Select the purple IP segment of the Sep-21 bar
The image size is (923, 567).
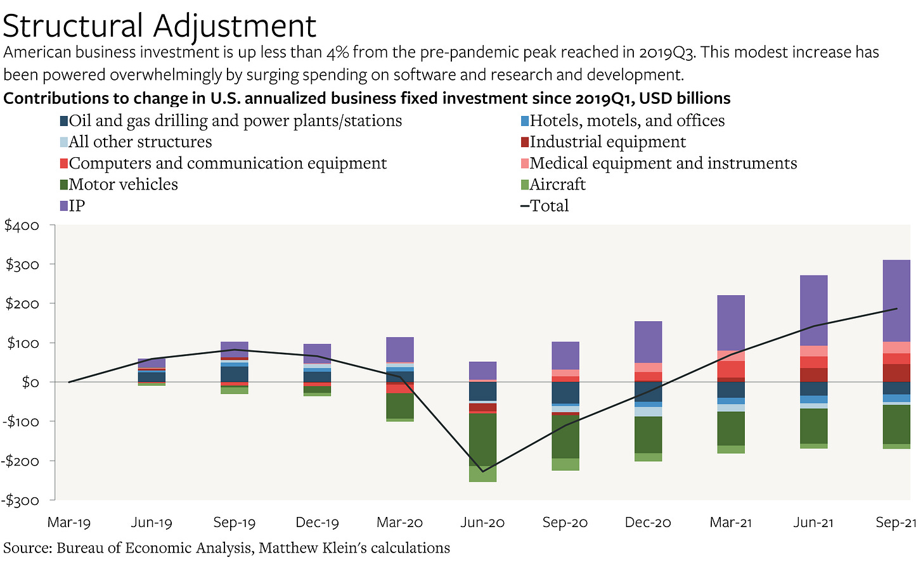pos(896,300)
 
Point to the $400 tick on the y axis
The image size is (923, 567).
pos(22,226)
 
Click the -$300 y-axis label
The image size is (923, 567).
pos(22,500)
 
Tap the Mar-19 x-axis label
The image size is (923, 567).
pos(69,523)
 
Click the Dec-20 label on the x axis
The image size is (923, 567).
pos(648,523)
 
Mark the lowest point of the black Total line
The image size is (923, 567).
pos(482,471)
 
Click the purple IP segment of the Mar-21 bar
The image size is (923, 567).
pos(731,322)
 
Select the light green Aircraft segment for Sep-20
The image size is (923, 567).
pos(565,464)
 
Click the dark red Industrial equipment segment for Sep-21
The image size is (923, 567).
pos(896,373)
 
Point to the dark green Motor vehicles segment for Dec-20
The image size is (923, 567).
pos(648,435)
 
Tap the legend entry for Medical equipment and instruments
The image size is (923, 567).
pos(662,163)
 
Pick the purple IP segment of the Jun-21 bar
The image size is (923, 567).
pos(813,310)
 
